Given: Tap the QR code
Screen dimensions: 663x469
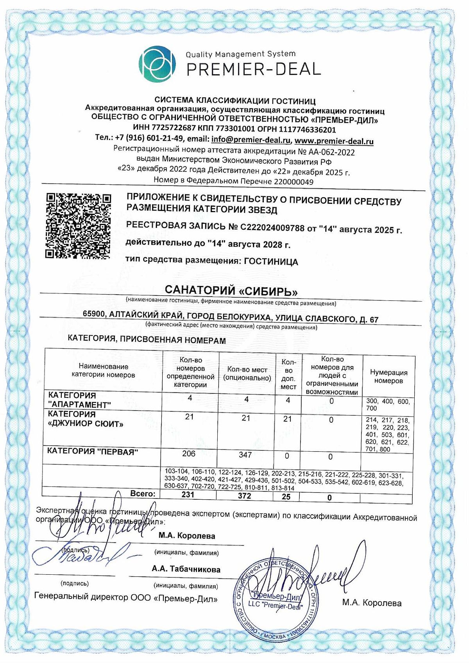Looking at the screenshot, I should point(78,225).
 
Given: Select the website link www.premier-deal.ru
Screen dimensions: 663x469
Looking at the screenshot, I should point(334,141).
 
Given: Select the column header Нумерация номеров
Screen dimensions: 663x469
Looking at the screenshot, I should point(388,376).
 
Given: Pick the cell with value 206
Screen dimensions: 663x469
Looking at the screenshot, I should point(189,454).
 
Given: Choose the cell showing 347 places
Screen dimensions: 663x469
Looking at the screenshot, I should point(245,455).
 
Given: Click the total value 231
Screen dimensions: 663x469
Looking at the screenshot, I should point(188,495).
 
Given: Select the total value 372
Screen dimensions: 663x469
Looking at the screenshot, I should point(244,496).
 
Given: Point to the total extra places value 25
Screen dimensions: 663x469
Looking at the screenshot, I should point(286,497).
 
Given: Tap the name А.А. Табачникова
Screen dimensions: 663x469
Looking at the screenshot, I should point(186,569).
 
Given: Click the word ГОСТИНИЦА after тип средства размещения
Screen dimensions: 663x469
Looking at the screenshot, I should point(271,261).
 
